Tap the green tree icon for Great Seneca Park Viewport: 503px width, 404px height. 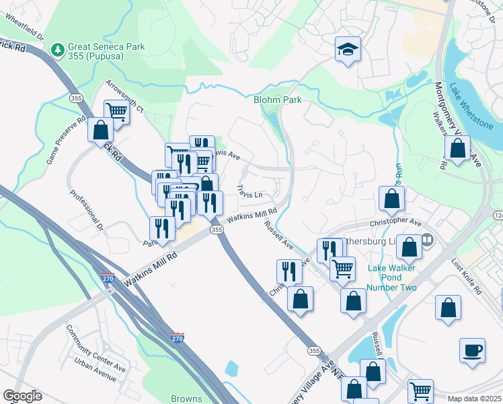click(x=58, y=49)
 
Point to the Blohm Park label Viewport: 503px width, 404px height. click(x=277, y=100)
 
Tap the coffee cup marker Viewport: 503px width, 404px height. click(x=471, y=351)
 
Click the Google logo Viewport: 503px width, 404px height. click(x=22, y=396)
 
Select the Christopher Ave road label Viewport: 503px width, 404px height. click(x=395, y=222)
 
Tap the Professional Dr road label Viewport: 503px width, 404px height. click(x=87, y=211)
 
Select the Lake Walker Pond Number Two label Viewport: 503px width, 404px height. click(x=392, y=277)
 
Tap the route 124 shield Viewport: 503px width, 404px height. click(x=498, y=215)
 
